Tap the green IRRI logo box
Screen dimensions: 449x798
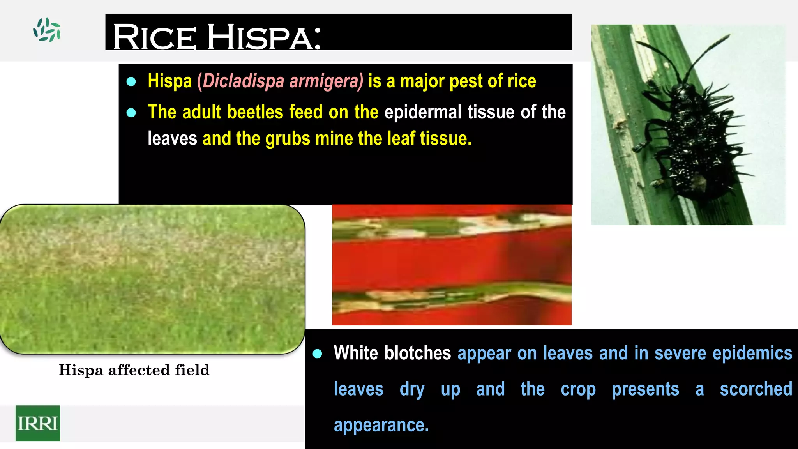click(x=38, y=423)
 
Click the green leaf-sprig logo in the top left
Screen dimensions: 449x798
click(x=47, y=30)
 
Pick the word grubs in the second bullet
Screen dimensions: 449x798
click(x=288, y=139)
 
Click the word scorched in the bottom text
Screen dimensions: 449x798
click(x=756, y=389)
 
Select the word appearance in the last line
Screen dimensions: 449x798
click(x=381, y=425)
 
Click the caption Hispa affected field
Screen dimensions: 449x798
click(x=134, y=370)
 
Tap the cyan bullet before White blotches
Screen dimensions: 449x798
click(x=318, y=354)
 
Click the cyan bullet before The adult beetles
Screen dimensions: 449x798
click(x=131, y=113)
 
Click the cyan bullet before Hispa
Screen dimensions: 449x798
click(x=131, y=81)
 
